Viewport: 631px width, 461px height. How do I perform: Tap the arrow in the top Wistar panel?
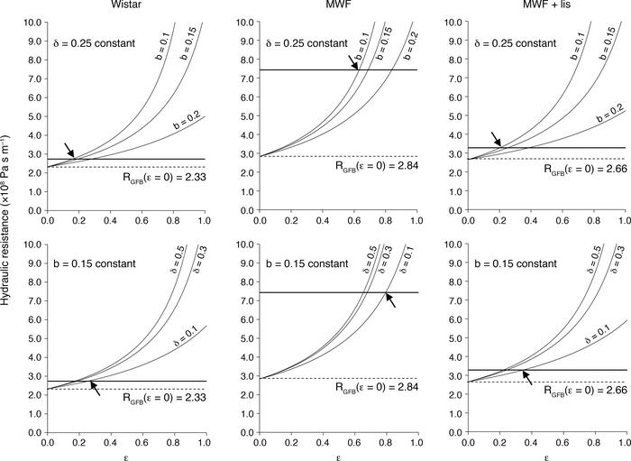pyautogui.click(x=69, y=150)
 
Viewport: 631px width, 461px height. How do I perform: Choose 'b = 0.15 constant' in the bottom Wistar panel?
pyautogui.click(x=100, y=264)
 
